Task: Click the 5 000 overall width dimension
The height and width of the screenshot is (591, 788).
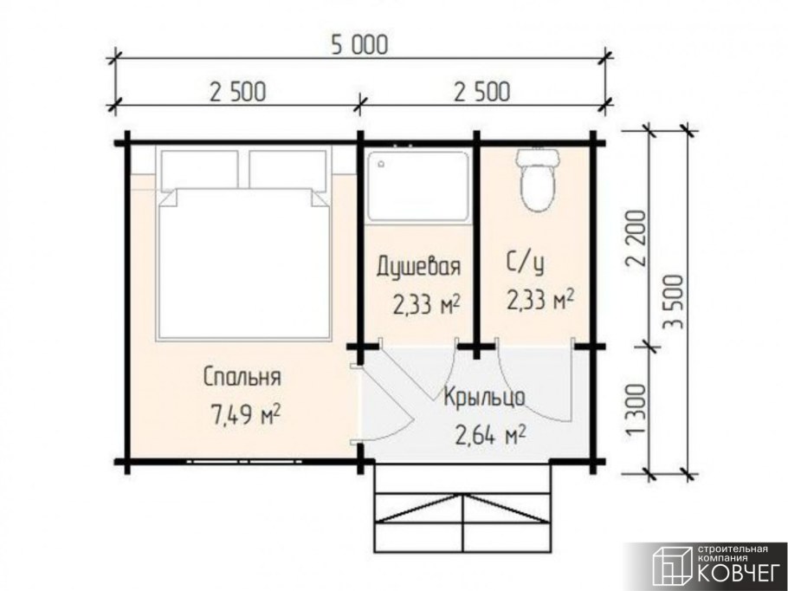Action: pos(358,46)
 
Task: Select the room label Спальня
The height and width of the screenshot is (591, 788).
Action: pos(243,378)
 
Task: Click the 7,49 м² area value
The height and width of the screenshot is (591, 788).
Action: pos(243,414)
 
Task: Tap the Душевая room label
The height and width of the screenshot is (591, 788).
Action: pos(417,265)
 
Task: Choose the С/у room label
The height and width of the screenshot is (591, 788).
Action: pos(527,260)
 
